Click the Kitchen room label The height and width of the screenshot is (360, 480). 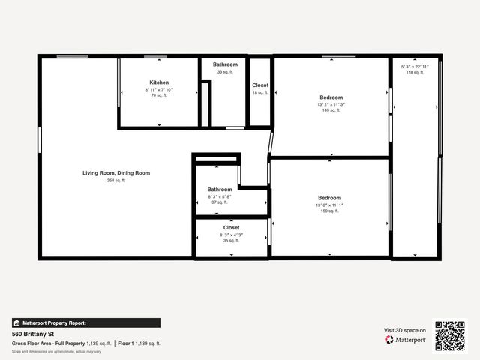159,82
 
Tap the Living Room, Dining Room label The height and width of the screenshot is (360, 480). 116,173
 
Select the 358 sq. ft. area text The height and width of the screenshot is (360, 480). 116,181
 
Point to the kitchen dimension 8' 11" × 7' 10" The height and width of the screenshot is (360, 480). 159,90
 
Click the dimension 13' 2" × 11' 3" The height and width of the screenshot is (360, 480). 331,104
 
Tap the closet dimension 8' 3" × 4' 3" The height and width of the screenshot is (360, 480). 231,235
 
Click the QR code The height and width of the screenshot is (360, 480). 450,335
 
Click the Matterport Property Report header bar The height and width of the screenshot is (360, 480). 85,323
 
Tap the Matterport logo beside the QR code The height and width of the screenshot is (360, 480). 406,340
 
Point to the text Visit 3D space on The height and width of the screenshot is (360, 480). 405,330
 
